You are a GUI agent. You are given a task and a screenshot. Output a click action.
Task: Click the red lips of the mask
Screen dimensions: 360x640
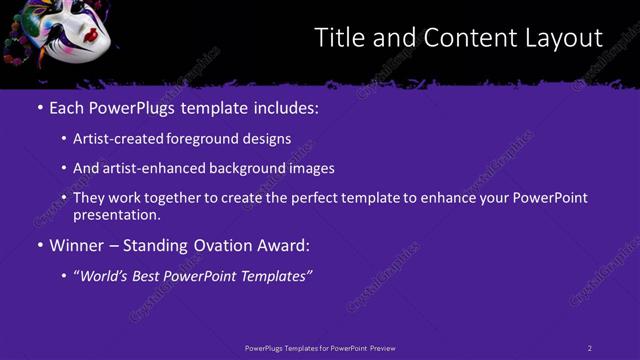coord(90,37)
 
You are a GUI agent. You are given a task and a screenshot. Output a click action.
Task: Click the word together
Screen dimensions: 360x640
coord(170,198)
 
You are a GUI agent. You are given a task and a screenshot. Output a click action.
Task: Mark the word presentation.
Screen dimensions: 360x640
coord(116,214)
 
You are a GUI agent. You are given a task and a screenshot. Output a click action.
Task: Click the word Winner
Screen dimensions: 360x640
coord(76,244)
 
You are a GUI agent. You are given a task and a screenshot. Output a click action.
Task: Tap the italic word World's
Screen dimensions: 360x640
coord(104,275)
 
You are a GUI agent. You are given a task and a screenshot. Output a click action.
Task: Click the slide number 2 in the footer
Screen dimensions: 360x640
coord(589,347)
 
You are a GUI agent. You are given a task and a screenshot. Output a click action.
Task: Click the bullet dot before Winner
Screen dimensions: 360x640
coord(40,245)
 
